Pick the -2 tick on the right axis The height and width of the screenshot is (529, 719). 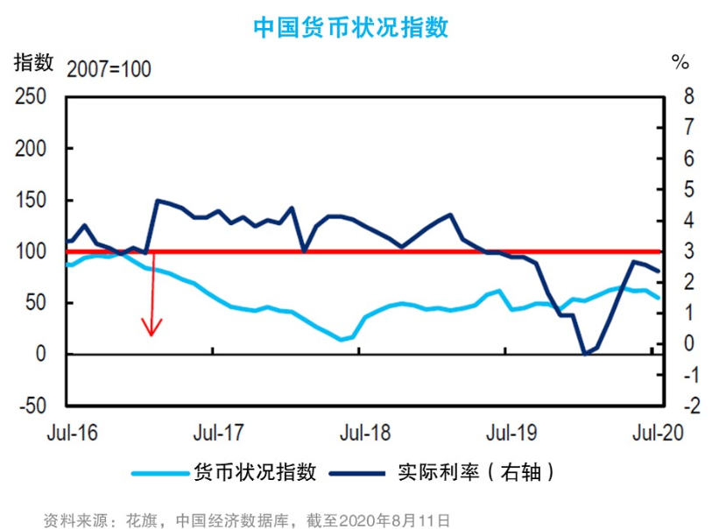[x=684, y=406]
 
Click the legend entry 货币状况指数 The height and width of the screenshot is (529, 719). [x=254, y=472]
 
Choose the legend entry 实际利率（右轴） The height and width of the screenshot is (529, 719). [x=477, y=472]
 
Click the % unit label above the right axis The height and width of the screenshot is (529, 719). [x=680, y=63]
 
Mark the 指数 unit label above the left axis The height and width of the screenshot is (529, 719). [x=34, y=63]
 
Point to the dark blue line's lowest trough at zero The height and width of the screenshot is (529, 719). [x=585, y=354]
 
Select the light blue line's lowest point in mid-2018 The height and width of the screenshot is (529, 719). [x=341, y=339]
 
